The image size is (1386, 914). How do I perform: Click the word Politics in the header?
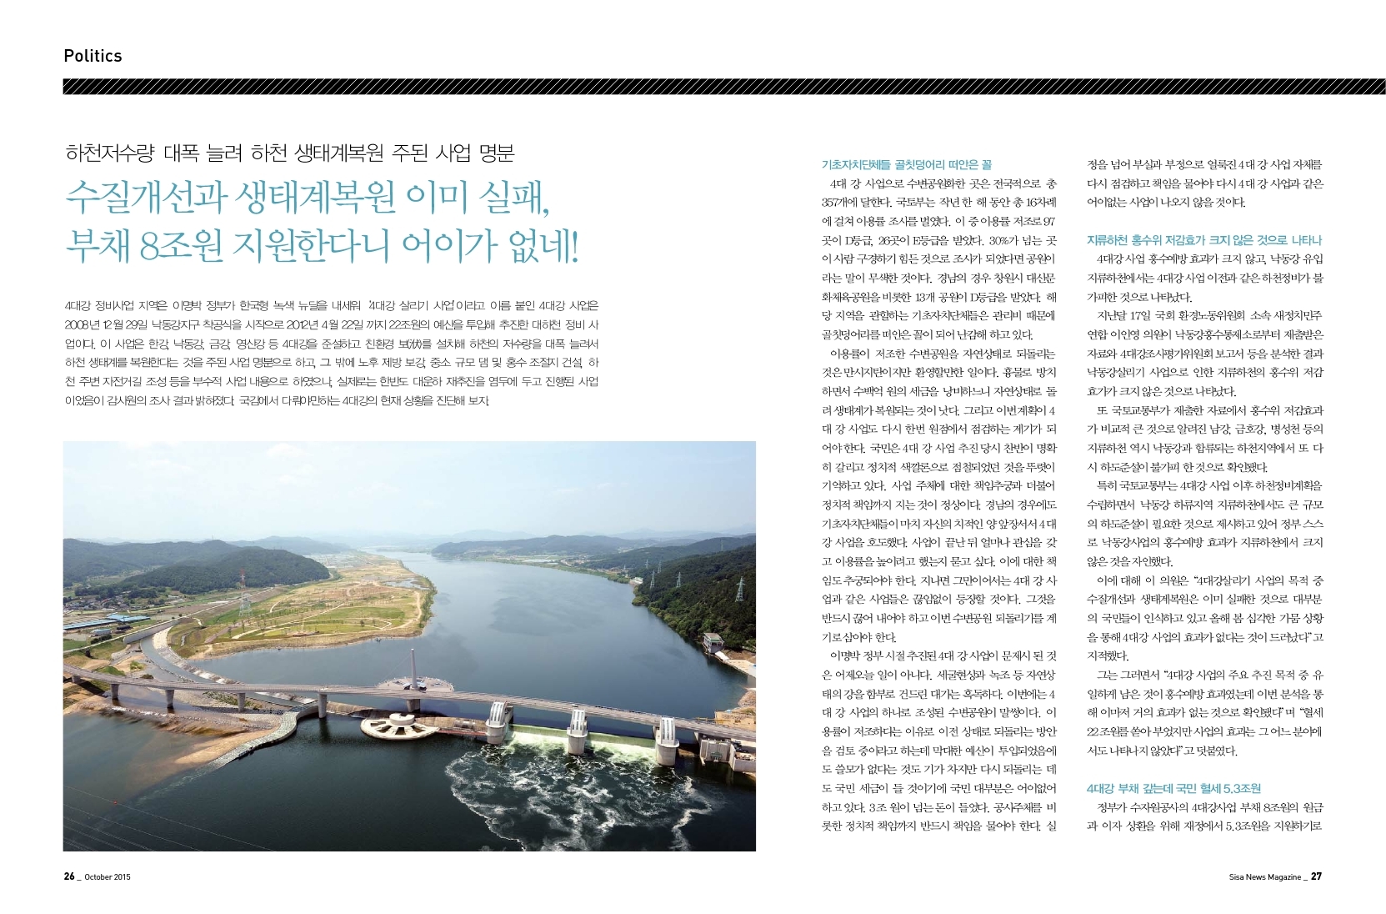[93, 56]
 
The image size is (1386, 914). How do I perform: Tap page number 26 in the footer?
[69, 876]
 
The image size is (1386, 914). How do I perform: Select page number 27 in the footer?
[1316, 876]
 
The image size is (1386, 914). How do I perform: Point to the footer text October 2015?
[108, 877]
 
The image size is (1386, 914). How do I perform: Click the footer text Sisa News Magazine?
[1264, 877]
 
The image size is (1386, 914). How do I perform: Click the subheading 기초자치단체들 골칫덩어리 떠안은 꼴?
[906, 165]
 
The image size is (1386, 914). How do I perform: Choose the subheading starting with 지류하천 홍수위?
[1204, 240]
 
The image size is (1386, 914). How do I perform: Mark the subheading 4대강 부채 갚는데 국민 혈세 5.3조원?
[1173, 788]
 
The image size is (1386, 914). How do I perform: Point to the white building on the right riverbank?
[714, 643]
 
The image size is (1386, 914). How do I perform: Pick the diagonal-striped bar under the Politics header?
[723, 87]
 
